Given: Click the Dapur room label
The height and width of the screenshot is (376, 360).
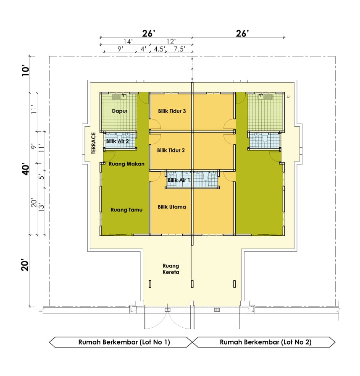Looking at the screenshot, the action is click(x=120, y=111).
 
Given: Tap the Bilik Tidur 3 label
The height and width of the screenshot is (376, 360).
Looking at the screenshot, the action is click(x=172, y=111).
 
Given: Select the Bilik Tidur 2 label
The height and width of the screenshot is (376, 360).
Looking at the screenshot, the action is click(x=171, y=150).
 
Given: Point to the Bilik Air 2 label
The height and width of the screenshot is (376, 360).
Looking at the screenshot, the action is click(x=118, y=141).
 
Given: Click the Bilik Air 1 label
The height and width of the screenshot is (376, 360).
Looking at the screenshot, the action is click(x=179, y=180).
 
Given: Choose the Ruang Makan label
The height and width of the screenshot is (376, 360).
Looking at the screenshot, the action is click(x=126, y=164).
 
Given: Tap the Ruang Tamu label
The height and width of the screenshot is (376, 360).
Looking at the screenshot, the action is click(x=126, y=210).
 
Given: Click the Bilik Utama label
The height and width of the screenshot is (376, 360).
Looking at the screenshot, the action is click(x=172, y=207).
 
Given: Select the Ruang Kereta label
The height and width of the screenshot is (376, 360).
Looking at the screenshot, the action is click(x=171, y=269).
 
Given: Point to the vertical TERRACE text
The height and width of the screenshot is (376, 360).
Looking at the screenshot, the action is click(x=94, y=143).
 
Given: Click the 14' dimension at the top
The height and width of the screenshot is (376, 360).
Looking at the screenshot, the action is click(x=128, y=42).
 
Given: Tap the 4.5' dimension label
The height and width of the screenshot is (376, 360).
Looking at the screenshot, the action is click(x=159, y=49).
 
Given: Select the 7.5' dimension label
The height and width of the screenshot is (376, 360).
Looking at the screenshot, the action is click(x=179, y=49).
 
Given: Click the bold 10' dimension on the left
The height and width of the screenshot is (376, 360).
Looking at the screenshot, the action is click(x=26, y=71).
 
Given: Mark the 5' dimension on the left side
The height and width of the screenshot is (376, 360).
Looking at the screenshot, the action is click(x=42, y=177).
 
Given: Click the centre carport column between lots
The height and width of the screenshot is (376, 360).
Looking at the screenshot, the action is click(x=192, y=284).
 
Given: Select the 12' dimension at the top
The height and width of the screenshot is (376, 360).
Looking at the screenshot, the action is click(x=171, y=42).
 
